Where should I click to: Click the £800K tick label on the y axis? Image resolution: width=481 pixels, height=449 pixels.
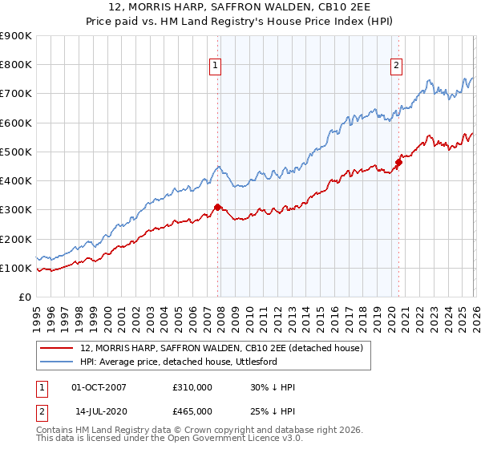16,65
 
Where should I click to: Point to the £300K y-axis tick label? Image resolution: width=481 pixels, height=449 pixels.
16,210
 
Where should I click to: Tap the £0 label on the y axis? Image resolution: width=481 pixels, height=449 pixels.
24,297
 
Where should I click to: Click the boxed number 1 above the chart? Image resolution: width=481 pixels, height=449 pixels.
216,67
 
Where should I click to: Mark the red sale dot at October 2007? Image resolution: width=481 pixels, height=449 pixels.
217,207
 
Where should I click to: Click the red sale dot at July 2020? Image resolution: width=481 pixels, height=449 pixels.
398,162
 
